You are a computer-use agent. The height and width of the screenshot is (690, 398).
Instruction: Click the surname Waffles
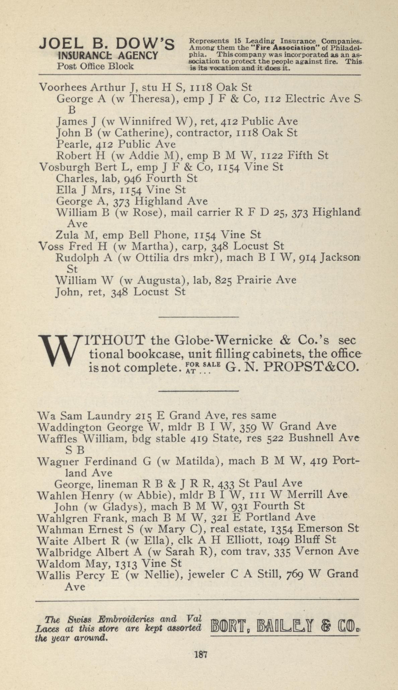click(x=57, y=439)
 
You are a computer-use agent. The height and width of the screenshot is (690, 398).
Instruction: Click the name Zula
click(x=67, y=235)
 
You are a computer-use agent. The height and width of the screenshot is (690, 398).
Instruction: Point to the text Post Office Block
click(x=95, y=66)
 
